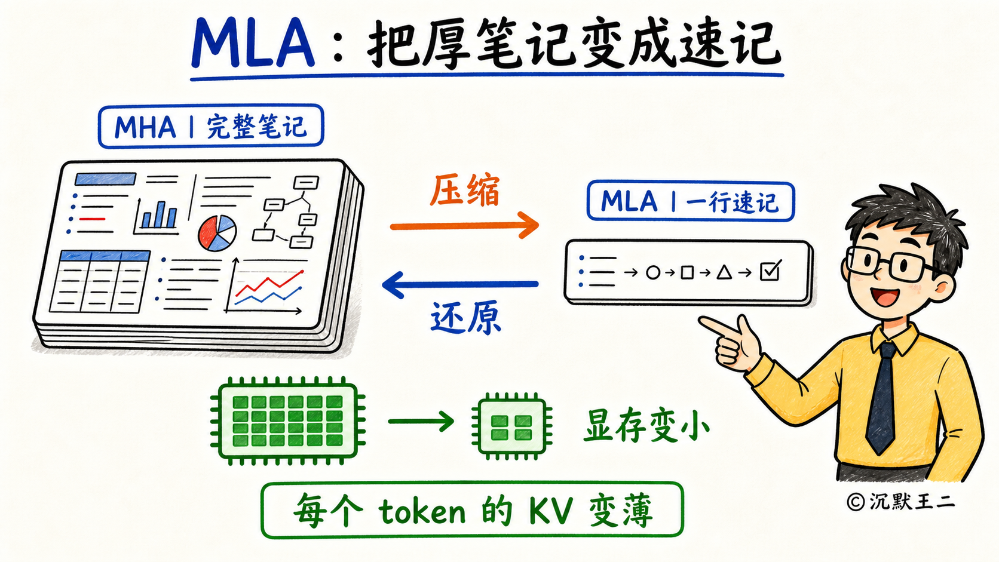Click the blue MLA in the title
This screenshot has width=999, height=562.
[x=253, y=43]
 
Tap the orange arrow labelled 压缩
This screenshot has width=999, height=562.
[x=464, y=226]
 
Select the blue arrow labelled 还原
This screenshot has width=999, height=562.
[x=460, y=284]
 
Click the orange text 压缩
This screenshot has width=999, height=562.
[x=464, y=191]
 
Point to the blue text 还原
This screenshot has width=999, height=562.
[x=465, y=318]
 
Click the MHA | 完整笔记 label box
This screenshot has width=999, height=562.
[x=211, y=126]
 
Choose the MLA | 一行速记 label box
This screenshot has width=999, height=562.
[x=690, y=201]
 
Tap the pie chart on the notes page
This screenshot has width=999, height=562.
[x=217, y=233]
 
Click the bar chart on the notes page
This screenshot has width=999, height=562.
[x=157, y=217]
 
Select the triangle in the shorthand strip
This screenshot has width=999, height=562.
[x=724, y=272]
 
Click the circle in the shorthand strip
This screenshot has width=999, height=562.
[x=653, y=272]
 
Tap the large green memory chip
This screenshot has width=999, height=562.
[x=288, y=420]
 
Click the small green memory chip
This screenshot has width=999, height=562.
[x=511, y=426]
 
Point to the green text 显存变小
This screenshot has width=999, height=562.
[x=646, y=426]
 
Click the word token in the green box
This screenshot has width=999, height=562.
[x=422, y=512]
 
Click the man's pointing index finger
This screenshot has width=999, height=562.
[x=718, y=327]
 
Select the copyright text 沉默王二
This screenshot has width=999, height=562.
[x=912, y=502]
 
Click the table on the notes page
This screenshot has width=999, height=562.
[x=100, y=281]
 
